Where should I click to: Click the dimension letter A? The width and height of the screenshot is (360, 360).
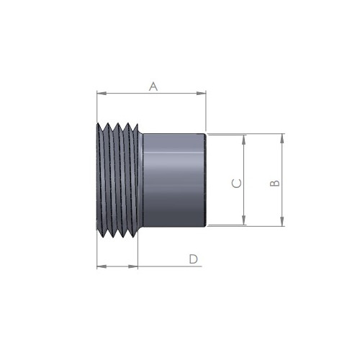tap(153, 86)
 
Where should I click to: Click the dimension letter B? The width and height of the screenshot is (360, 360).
tap(275, 183)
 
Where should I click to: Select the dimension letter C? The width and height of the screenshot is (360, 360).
tap(237, 184)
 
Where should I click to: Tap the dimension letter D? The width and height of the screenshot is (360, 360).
tap(194, 259)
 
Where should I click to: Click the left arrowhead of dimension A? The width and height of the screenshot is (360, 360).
tap(102, 93)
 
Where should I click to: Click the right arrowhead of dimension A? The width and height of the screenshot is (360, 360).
tap(201, 93)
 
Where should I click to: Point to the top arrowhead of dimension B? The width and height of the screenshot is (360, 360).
tap(282, 138)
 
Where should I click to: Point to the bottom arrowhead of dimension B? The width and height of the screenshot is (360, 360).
tap(282, 221)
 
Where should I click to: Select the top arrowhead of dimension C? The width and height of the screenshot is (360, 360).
tap(244, 140)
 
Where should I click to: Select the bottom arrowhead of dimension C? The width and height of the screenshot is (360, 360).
tap(244, 220)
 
